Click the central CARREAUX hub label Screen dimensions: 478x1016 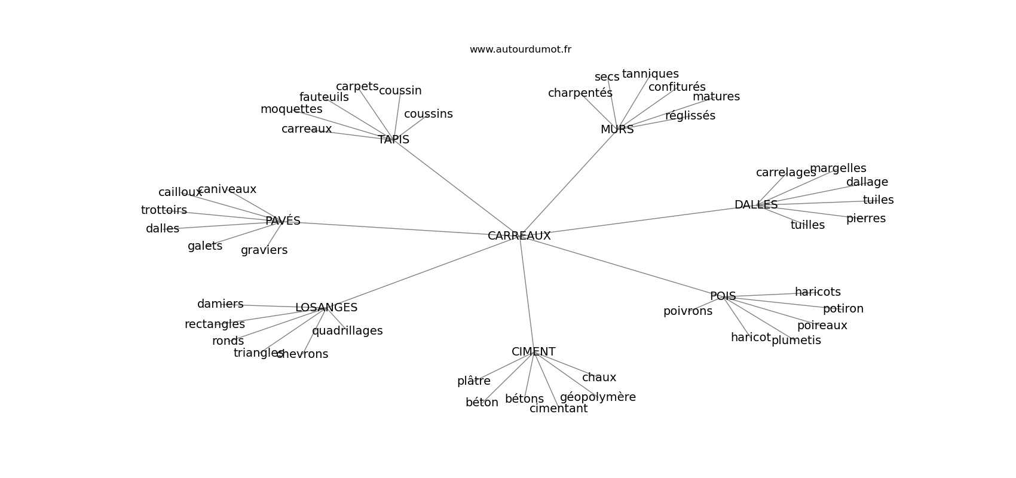coord(519,236)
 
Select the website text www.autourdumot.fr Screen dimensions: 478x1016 coord(520,50)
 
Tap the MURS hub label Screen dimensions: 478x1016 coord(617,130)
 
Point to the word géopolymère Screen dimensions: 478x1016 coord(598,397)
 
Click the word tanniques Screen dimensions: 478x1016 coord(650,74)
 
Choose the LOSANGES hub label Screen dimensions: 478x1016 coord(326,308)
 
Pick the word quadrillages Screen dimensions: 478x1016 coord(347,331)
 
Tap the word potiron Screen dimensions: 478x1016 coord(843,309)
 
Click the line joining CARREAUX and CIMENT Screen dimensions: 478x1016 coord(527,293)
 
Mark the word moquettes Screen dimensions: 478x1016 coord(291,109)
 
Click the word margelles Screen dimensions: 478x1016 coord(837,168)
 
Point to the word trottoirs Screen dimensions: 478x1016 coord(164,210)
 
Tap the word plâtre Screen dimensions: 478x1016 coord(473,381)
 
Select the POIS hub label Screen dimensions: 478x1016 coord(723,296)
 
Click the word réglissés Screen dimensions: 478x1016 coord(690,116)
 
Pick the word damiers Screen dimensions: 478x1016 coord(220,304)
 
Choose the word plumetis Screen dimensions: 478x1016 coord(796,341)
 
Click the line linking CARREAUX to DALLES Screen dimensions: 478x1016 coord(639,220)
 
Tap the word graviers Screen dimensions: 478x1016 coord(264,250)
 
